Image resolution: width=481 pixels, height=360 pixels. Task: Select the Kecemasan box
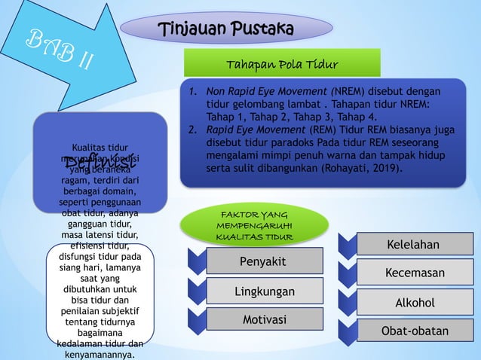point(415,273)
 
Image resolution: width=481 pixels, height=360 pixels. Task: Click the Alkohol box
point(415,302)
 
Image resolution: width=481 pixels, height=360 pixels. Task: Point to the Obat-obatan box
point(415,331)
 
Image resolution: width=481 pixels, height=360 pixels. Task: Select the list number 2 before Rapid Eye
point(193,130)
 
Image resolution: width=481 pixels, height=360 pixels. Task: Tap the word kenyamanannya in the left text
point(100,354)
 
